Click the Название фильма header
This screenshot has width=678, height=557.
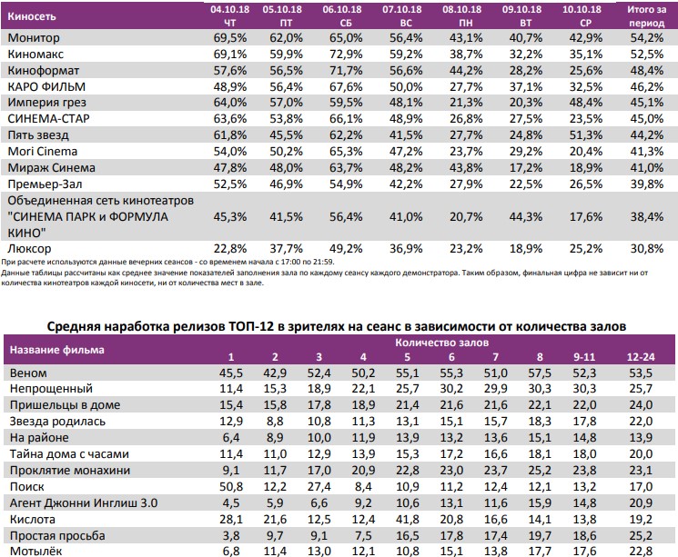[56, 348]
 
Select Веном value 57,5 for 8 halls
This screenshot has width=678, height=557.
[540, 373]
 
